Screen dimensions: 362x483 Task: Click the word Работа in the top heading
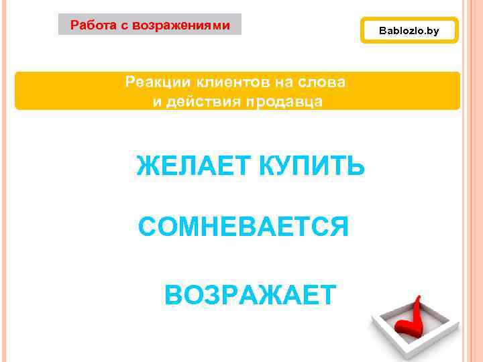click(91, 25)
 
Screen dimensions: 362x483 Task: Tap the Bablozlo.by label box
click(409, 31)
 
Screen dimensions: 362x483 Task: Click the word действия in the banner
click(191, 102)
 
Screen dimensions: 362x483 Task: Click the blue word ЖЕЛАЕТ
click(190, 166)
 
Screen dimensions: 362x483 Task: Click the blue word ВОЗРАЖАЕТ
click(250, 294)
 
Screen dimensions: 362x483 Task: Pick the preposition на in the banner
click(281, 83)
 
